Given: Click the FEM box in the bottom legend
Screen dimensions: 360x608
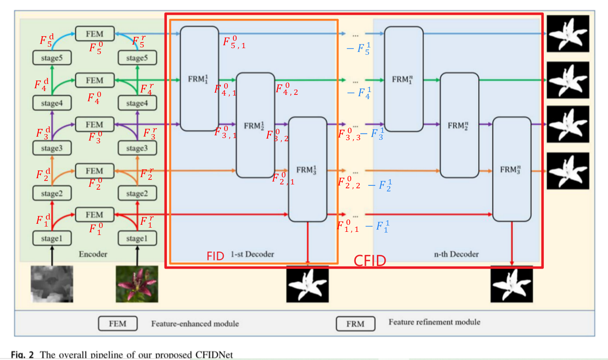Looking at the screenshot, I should [x=117, y=323].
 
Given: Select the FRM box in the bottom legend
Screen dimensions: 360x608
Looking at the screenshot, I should [x=355, y=324].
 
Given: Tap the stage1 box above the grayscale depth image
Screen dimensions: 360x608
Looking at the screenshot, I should [x=52, y=238].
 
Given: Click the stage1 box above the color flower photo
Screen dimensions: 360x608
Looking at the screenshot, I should [x=137, y=238].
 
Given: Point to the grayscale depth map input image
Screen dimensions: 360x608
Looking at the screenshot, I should [x=52, y=284].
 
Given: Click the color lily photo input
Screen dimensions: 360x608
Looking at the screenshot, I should [x=137, y=284].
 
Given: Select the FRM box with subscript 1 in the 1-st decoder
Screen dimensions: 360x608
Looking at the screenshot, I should [x=199, y=79].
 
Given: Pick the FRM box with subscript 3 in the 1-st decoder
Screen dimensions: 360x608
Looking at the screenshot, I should [x=308, y=170].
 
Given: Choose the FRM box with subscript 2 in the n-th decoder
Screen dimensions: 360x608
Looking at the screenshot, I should [x=459, y=125].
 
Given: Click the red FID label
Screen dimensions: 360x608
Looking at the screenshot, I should [x=215, y=256].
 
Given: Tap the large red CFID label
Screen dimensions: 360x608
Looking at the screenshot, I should [x=370, y=261].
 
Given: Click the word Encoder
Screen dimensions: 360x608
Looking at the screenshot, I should [x=93, y=254].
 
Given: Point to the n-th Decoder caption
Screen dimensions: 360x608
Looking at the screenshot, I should [x=456, y=254].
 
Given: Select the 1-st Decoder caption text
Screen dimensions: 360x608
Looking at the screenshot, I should [x=252, y=254].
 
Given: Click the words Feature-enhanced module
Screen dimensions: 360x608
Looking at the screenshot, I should [x=195, y=323].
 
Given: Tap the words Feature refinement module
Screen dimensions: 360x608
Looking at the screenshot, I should [x=434, y=322].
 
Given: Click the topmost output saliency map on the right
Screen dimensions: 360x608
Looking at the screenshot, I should [x=568, y=34].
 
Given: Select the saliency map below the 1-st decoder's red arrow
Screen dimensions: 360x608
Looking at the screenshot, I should [x=308, y=284].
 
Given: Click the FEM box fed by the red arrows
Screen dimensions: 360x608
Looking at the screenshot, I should [x=95, y=215].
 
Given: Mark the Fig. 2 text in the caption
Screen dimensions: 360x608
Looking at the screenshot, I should [x=22, y=354].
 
